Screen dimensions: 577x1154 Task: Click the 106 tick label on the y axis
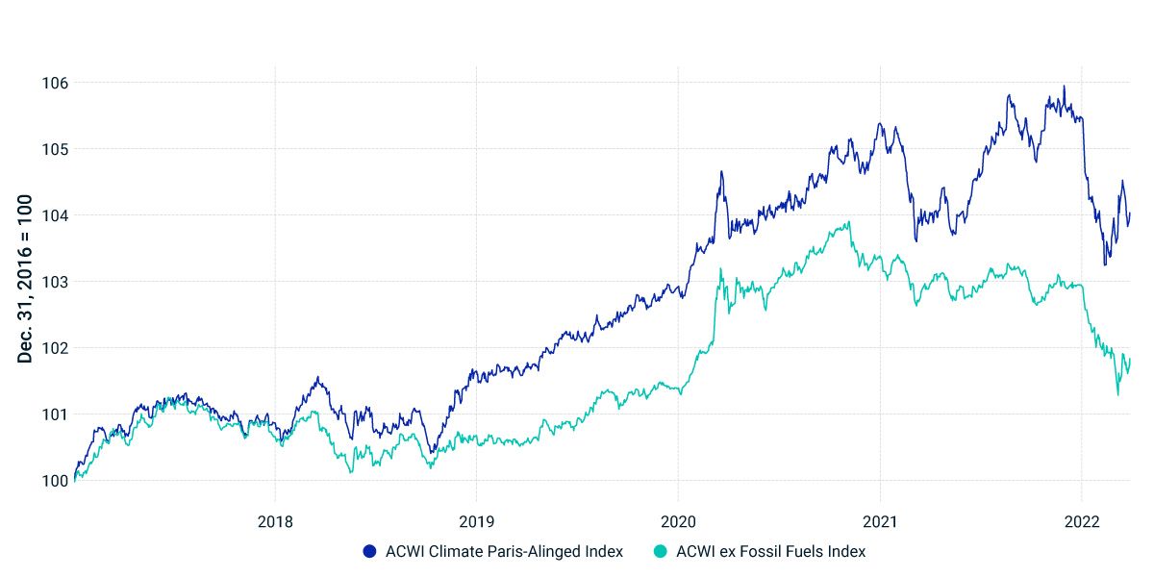tap(55, 83)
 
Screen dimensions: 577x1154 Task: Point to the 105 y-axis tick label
tap(55, 149)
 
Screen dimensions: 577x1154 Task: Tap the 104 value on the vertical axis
tap(55, 215)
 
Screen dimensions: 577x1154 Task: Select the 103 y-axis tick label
tap(55, 282)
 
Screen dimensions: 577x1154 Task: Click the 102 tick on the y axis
tap(55, 348)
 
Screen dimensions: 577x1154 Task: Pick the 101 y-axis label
tap(55, 414)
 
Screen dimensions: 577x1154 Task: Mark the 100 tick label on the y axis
tap(55, 481)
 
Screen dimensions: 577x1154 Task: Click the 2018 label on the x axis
tap(275, 521)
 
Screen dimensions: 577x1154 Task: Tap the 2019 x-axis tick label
tap(476, 521)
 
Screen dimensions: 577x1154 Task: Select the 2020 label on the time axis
tap(678, 521)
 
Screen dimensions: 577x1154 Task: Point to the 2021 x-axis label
tap(880, 521)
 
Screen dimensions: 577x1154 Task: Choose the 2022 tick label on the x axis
tap(1082, 521)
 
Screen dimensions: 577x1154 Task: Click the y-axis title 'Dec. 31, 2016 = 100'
tap(26, 279)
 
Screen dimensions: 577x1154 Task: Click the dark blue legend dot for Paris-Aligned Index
tap(370, 552)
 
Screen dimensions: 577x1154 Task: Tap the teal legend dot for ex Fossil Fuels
tap(661, 552)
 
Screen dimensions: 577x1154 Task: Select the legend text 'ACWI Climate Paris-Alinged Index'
tap(504, 552)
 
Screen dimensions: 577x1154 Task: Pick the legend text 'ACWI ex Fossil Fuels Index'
tap(770, 552)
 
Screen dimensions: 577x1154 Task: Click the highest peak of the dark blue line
tap(1064, 87)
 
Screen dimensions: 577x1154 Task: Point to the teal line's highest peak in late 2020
tap(849, 222)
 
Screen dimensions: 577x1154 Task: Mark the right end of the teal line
tap(1130, 359)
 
